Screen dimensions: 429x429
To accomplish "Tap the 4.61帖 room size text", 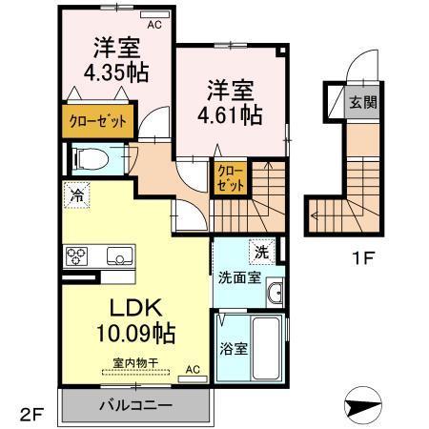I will (230, 114).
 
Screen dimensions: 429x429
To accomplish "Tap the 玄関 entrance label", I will (360, 101).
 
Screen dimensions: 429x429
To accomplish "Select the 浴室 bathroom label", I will (235, 348).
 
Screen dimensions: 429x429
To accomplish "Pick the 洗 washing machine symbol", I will (261, 253).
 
